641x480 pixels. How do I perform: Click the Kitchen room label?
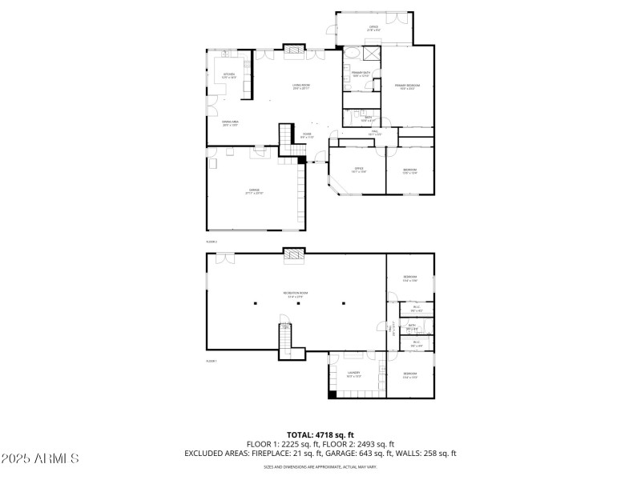229,75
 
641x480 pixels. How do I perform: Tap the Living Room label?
301,86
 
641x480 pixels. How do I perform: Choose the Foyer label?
307,135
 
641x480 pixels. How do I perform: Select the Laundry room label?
353,374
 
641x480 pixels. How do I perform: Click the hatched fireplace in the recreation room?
295,256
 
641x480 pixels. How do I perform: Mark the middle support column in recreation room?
299,303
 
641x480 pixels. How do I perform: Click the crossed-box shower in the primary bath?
371,54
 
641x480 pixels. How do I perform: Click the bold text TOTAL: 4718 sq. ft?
320,435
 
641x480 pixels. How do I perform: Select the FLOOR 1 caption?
212,361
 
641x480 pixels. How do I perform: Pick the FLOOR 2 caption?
212,241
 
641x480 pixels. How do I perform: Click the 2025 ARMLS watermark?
40,459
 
